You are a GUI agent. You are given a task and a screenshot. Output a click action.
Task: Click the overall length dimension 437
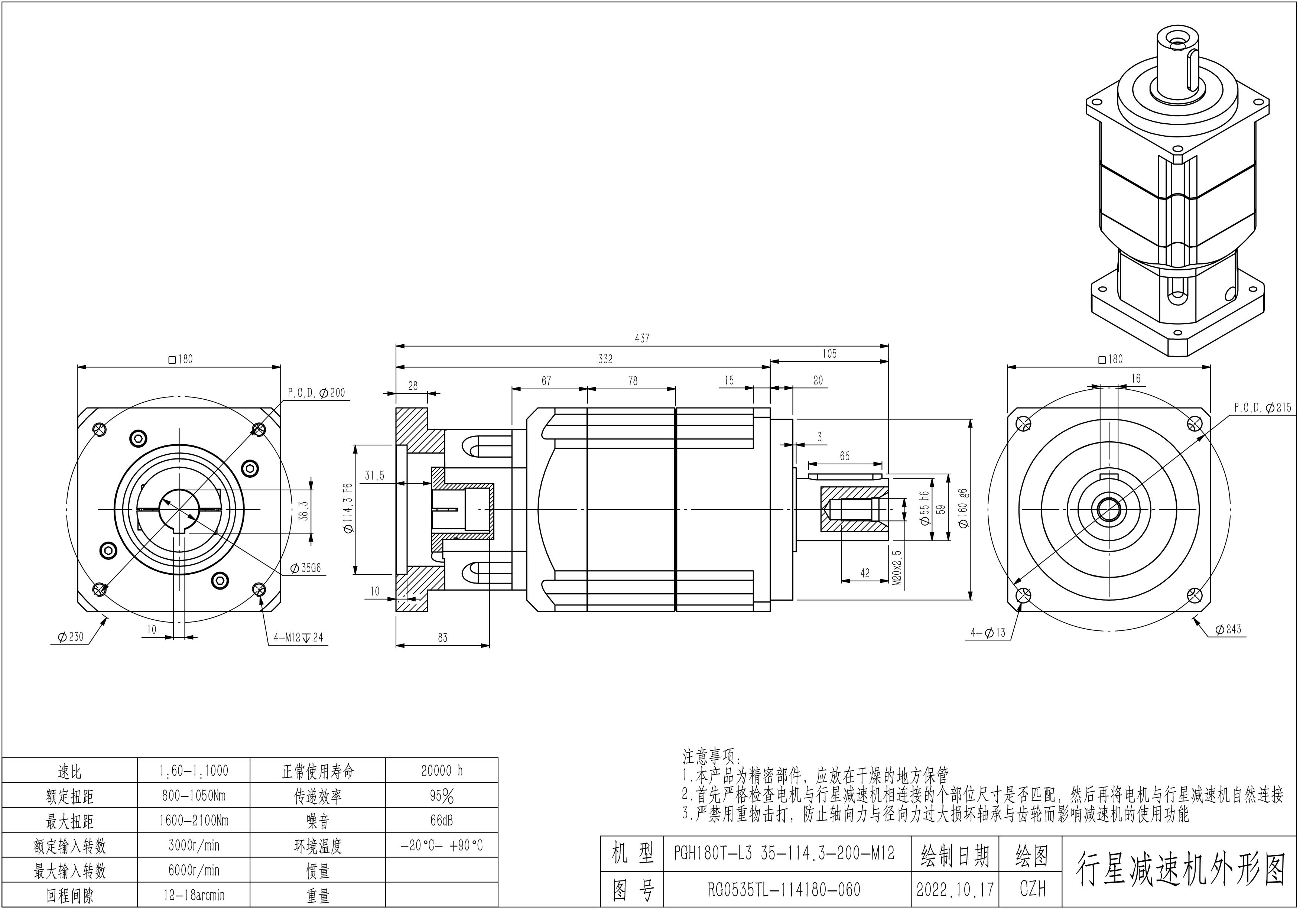642,338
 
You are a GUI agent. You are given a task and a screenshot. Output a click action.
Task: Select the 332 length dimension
605,359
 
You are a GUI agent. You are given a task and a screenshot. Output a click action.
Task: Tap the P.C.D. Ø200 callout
316,393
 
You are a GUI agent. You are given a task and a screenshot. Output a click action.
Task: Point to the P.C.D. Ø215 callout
1262,408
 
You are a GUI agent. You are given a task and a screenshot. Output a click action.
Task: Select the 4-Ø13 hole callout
988,633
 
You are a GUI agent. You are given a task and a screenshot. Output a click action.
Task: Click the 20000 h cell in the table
442,770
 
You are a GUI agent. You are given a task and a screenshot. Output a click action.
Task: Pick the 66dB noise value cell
442,821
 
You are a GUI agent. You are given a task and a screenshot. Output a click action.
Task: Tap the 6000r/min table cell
194,870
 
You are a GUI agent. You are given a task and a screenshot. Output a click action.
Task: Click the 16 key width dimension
1135,379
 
